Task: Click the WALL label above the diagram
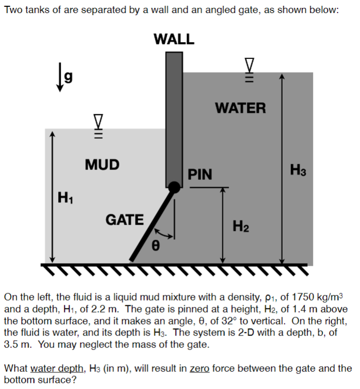pos(174,39)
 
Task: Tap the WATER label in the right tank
pos(240,108)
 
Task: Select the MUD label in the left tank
pos(102,165)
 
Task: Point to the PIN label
pos(200,174)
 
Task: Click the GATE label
pos(125,219)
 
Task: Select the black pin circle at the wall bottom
pos(175,188)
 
